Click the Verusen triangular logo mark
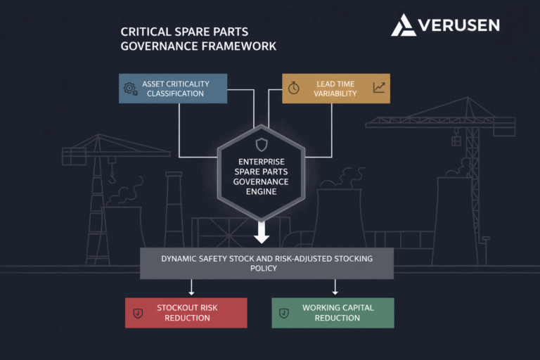pos(404,25)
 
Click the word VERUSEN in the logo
pos(458,25)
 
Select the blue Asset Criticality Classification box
pos(173,89)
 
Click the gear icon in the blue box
pos(130,89)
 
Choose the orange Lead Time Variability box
pos(335,89)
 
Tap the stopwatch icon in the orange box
pos(294,89)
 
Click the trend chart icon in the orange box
pos(379,88)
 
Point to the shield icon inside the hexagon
pos(261,145)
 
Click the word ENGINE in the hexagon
pos(261,191)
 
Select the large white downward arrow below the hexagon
pos(262,231)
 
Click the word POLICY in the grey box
pos(266,269)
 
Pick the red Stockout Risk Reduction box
pos(186,313)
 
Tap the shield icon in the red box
pos(138,313)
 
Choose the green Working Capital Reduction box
pos(333,313)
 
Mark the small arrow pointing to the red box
pos(191,288)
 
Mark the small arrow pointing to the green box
pos(335,288)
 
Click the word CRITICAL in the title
pos(155,32)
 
